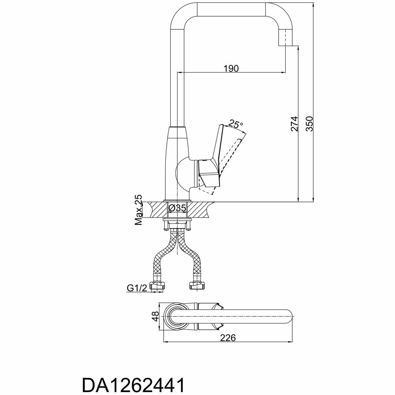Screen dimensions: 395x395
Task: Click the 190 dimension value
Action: click(231, 68)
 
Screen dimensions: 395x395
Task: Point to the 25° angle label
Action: click(235, 123)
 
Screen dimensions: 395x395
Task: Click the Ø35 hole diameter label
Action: click(177, 208)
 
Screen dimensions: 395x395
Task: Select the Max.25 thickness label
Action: click(139, 210)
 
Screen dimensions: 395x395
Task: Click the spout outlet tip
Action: click(285, 41)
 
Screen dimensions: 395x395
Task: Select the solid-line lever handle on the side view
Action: click(213, 159)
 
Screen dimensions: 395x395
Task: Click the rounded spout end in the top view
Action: click(288, 317)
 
